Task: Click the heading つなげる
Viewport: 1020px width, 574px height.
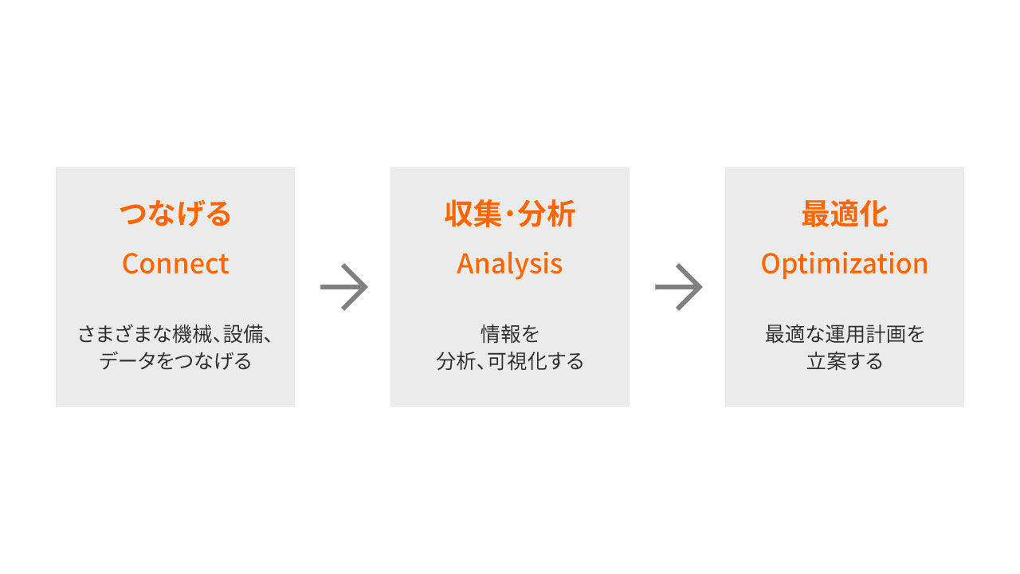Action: pyautogui.click(x=175, y=214)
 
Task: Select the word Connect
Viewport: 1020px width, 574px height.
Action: pyautogui.click(x=175, y=264)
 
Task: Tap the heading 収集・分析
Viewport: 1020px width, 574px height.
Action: pyautogui.click(x=509, y=214)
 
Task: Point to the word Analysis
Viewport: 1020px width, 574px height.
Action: pyautogui.click(x=509, y=265)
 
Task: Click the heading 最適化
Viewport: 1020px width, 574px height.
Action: pyautogui.click(x=845, y=214)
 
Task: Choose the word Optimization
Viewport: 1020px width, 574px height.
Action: pyautogui.click(x=845, y=265)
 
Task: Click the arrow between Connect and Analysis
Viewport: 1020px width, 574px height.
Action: pyautogui.click(x=343, y=287)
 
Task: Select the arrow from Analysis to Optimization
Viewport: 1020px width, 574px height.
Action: pyautogui.click(x=678, y=287)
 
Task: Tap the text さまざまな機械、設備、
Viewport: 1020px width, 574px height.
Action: pyautogui.click(x=175, y=334)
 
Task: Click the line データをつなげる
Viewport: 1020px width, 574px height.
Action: pyautogui.click(x=175, y=361)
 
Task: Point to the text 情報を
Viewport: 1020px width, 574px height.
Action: pyautogui.click(x=509, y=334)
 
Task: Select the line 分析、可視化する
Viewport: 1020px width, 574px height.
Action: pyautogui.click(x=509, y=361)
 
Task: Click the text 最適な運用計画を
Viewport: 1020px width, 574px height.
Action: pyautogui.click(x=845, y=334)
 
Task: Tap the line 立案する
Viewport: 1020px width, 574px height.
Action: pyautogui.click(x=845, y=361)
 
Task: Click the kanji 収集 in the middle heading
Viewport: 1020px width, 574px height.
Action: pyautogui.click(x=473, y=214)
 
